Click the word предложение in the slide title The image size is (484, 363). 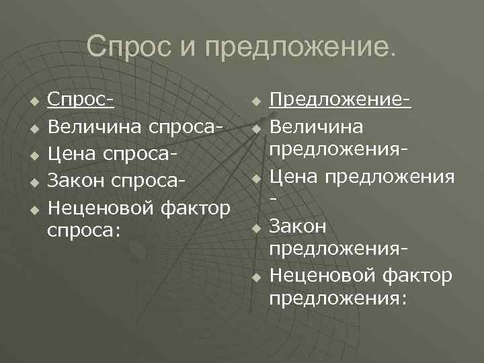[300, 47]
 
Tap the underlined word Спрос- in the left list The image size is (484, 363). [80, 101]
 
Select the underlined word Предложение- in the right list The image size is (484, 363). [340, 101]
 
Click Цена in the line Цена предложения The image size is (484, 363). [296, 177]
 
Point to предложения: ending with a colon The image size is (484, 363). [338, 298]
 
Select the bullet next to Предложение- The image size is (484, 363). [255, 102]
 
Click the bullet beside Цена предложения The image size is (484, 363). [255, 179]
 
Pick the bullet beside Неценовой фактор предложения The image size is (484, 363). [255, 277]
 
